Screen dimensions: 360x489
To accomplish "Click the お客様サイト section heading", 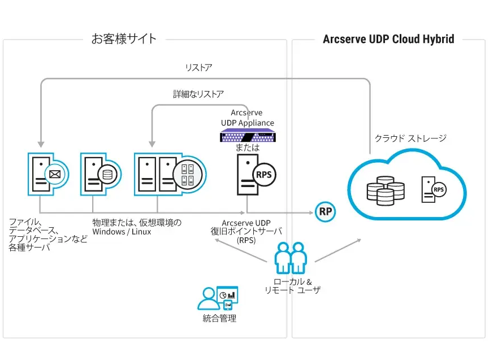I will tap(124, 39).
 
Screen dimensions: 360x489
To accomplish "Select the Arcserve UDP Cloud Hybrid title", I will tap(388, 39).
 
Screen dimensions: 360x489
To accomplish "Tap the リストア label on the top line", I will tap(198, 68).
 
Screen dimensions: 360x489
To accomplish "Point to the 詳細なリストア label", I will tap(198, 94).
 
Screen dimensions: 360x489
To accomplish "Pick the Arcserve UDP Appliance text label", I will tap(247, 118).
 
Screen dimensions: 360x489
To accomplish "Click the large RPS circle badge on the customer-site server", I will tap(264, 175).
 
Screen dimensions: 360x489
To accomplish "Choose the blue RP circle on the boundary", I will tap(325, 212).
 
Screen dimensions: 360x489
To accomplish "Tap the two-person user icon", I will tap(290, 259).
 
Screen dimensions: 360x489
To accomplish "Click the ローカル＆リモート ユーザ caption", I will tap(292, 285).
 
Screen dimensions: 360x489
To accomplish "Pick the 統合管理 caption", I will tap(219, 318).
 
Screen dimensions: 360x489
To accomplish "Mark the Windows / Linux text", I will tap(122, 232).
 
